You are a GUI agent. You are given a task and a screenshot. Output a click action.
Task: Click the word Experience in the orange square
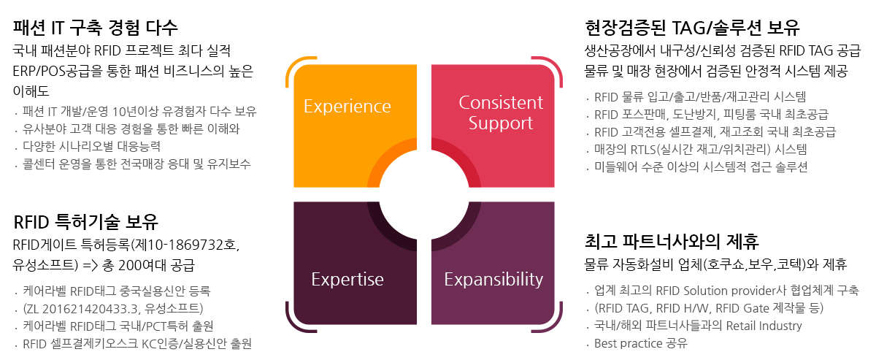(x=347, y=107)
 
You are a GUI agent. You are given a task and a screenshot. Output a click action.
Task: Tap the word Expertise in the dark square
(x=347, y=280)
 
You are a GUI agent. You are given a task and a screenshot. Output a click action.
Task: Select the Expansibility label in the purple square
(x=493, y=280)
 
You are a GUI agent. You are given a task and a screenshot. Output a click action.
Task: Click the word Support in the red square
(x=501, y=123)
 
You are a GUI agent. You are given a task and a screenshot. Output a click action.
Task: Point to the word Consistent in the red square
(x=501, y=102)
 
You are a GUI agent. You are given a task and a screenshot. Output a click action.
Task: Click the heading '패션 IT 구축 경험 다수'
(x=95, y=28)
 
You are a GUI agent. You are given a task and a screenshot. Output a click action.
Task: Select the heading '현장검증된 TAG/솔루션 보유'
(x=692, y=28)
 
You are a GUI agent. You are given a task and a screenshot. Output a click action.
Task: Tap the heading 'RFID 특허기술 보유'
(x=85, y=222)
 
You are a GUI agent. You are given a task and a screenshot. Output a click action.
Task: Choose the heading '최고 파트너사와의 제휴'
(x=672, y=241)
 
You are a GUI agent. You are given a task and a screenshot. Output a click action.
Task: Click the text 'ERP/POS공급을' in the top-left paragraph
(x=58, y=72)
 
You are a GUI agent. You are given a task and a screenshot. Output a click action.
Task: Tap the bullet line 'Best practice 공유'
(x=641, y=343)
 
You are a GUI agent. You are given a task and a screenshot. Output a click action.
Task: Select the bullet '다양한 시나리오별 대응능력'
(x=91, y=146)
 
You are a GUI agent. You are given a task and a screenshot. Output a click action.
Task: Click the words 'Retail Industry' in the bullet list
(x=764, y=326)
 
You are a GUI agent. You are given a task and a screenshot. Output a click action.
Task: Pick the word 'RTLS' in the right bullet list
(x=643, y=150)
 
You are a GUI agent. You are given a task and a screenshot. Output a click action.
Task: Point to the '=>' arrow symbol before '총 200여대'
(x=91, y=266)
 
